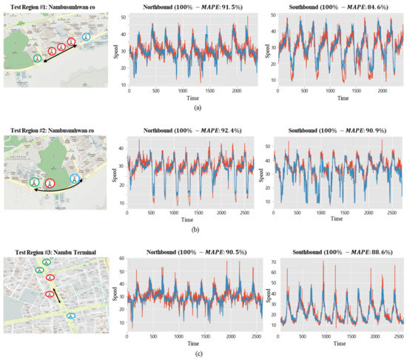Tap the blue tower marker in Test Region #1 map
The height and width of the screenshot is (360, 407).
(x=86, y=36)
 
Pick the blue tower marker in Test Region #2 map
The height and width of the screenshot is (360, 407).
(x=74, y=177)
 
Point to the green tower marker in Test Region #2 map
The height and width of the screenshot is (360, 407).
(x=33, y=181)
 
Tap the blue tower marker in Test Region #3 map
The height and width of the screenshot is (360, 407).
(x=70, y=316)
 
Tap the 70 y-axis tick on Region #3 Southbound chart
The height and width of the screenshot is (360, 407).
(x=272, y=262)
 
